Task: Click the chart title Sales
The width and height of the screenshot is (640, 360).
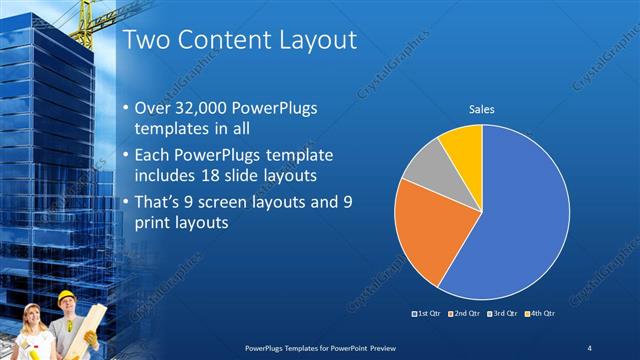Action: (x=482, y=109)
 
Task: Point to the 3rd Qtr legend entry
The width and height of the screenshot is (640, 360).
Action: (x=502, y=313)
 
